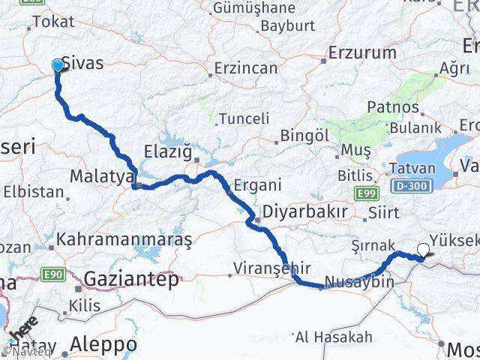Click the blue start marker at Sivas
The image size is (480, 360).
pyautogui.click(x=58, y=66)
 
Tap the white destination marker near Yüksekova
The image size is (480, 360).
pyautogui.click(x=424, y=251)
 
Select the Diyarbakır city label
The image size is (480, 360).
pyautogui.click(x=304, y=212)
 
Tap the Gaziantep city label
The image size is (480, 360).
pyautogui.click(x=132, y=280)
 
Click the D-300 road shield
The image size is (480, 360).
pyautogui.click(x=411, y=183)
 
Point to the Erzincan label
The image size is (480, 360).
pyautogui.click(x=245, y=68)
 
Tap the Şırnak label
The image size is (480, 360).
pyautogui.click(x=372, y=245)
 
